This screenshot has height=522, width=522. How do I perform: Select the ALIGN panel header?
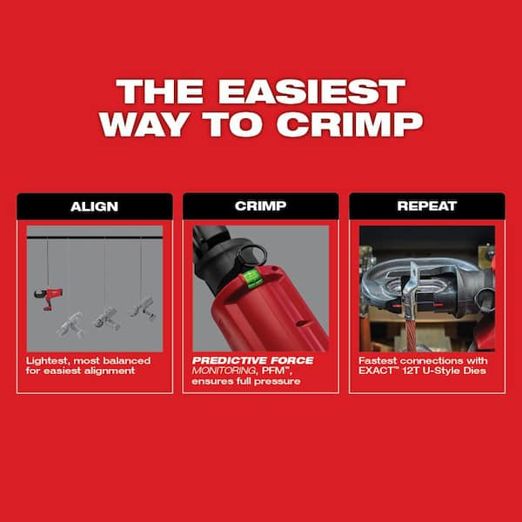coord(94,207)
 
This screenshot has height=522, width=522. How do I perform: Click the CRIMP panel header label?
coord(260,207)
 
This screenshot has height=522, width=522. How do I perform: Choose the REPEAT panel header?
coord(426,207)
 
